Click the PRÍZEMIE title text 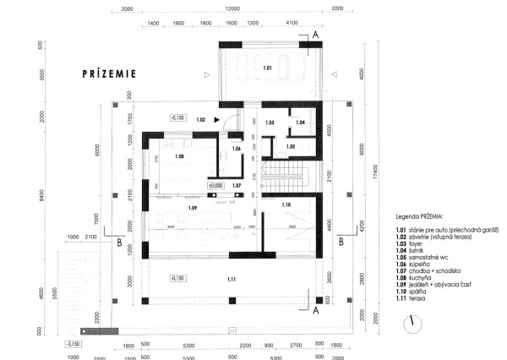[110, 74]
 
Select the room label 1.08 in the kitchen [179, 156]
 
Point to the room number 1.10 [286, 205]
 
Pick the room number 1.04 [301, 123]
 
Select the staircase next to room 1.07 [286, 177]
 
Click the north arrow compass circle [412, 323]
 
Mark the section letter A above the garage [315, 35]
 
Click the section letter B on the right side [341, 241]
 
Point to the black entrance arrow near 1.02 [217, 121]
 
